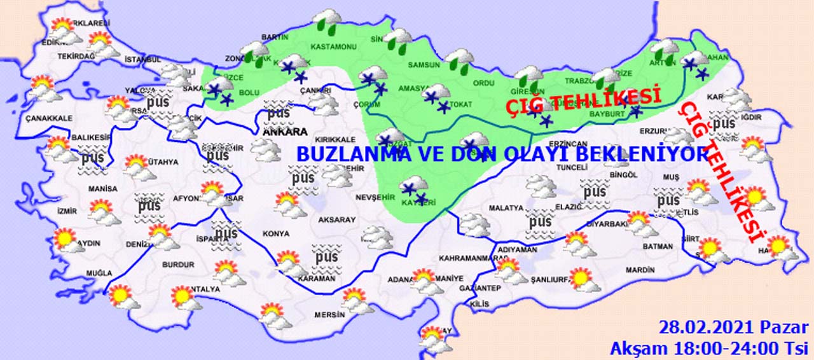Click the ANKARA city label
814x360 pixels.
pyautogui.click(x=286, y=132)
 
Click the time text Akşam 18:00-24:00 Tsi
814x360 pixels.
pyautogui.click(x=708, y=348)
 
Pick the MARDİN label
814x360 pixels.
pyautogui.click(x=640, y=270)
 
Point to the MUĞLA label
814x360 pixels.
pyautogui.click(x=99, y=273)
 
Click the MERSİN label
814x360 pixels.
pyautogui.click(x=329, y=314)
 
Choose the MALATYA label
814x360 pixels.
pyautogui.click(x=506, y=208)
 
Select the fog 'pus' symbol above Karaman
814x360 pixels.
pyautogui.click(x=326, y=256)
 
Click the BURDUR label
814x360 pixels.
pyautogui.click(x=178, y=264)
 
